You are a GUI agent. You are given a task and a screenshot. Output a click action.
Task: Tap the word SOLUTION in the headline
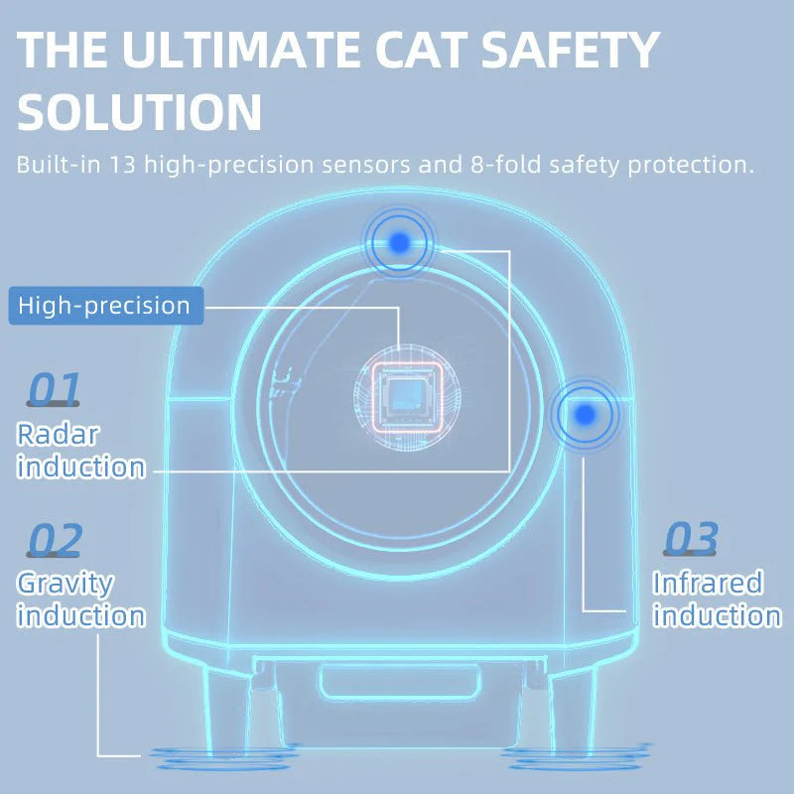[139, 113]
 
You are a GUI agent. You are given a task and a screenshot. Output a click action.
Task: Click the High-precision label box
[105, 305]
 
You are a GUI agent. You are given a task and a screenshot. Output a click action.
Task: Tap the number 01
[54, 390]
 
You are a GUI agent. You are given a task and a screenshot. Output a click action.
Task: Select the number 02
[55, 541]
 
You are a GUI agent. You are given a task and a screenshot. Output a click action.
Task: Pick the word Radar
[57, 434]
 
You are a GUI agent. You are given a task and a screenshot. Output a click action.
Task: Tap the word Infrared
[707, 582]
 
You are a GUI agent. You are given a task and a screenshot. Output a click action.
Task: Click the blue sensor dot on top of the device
[400, 241]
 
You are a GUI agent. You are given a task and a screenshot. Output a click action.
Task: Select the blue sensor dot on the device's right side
[586, 413]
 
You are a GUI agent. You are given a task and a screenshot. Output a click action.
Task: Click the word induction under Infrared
[716, 615]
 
